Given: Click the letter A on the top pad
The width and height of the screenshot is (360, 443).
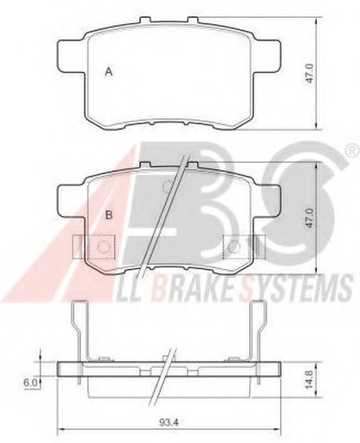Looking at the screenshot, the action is (x=109, y=72).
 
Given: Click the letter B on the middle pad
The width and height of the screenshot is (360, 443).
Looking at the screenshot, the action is (x=109, y=214).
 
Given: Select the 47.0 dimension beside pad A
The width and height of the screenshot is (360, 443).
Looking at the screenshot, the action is (x=310, y=73).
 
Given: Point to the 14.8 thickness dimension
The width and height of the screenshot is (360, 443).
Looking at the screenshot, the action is (x=310, y=376).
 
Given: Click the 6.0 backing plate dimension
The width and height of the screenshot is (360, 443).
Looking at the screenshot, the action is (x=31, y=383).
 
